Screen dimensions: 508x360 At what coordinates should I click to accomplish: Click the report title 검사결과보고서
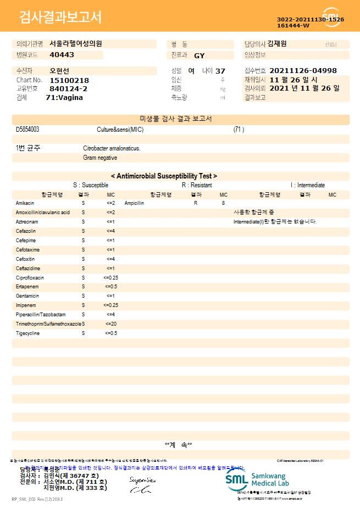pos(60,18)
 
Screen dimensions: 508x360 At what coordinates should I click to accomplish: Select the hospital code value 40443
pos(62,55)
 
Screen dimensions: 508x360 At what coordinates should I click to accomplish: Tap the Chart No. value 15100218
pos(69,80)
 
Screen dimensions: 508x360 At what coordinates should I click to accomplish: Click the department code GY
pos(200,55)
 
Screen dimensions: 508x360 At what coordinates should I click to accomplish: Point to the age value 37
pos(220,71)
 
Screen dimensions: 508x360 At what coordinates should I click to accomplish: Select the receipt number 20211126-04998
pos(303,71)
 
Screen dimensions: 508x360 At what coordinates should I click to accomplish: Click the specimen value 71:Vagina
pos(64,97)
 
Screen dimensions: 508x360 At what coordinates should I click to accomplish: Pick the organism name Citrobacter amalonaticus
pos(112,148)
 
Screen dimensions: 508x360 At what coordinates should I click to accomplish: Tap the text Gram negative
pos(100,158)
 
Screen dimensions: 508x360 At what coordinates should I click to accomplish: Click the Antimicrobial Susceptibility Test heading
pos(164,176)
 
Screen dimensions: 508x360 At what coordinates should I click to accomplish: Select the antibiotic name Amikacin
pos(25,203)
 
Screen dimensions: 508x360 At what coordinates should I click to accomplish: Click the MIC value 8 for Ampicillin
pos(223,203)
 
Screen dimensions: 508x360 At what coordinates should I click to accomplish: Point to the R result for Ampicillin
pos(196,203)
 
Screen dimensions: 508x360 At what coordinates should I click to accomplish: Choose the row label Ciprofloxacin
pos(30,278)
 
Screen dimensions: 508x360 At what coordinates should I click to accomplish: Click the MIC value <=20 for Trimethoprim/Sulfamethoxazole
pos(110,324)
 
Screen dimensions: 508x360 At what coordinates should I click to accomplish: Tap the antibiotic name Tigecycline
pos(27,333)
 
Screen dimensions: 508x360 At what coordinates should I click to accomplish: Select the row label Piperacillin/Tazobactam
pos(41,315)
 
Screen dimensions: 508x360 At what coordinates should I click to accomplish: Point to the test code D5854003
pos(27,130)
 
